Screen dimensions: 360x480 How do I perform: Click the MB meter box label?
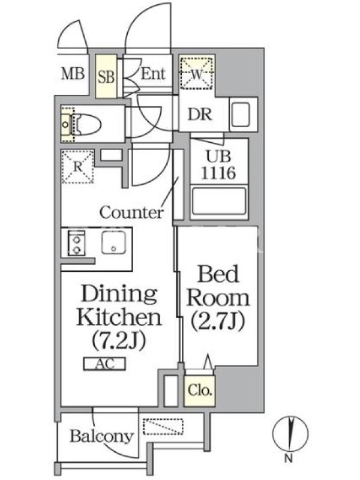73,74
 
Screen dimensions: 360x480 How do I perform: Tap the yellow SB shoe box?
106,76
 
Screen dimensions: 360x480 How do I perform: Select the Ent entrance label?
153,74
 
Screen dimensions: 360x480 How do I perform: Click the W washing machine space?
197,73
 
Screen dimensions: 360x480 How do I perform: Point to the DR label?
200,115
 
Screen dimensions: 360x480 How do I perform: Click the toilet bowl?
86,124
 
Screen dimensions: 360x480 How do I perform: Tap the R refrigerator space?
78,167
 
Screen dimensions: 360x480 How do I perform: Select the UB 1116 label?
218,164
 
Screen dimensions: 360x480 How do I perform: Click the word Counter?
131,212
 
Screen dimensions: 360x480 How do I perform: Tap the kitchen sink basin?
113,242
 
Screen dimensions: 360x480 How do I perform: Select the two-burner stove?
77,244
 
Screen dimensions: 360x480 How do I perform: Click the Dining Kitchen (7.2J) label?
119,317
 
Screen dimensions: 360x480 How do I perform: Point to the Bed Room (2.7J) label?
218,298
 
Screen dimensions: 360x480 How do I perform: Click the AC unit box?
104,364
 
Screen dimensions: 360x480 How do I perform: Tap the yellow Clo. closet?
200,391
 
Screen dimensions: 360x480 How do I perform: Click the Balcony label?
101,437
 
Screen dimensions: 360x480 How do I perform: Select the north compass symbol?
290,434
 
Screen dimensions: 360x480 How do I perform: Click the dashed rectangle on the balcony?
163,427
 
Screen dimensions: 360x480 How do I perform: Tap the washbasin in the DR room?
241,115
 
